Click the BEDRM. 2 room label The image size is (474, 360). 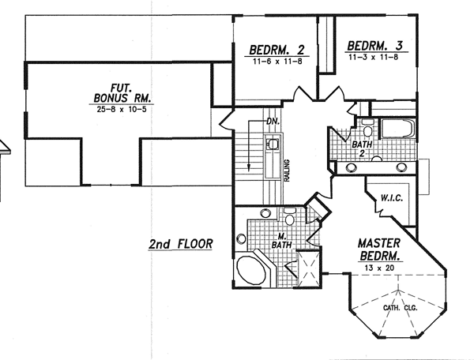click(277, 50)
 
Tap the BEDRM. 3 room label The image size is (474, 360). click(374, 46)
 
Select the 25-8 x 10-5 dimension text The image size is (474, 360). click(122, 109)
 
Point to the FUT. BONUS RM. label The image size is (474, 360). click(122, 93)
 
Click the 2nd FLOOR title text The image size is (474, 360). click(180, 244)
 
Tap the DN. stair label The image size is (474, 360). click(273, 122)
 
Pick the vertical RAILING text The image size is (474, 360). click(288, 171)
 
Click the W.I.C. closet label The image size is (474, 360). click(392, 198)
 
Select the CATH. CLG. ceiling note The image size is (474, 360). click(400, 308)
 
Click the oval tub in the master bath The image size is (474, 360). click(251, 270)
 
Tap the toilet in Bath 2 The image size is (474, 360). click(367, 129)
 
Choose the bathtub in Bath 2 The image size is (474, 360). click(398, 129)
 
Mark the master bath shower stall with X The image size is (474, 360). click(309, 268)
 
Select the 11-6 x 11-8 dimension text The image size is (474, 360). click(277, 62)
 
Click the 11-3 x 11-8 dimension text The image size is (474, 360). click(374, 57)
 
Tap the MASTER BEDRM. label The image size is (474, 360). click(379, 249)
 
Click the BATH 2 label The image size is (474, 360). click(362, 148)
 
